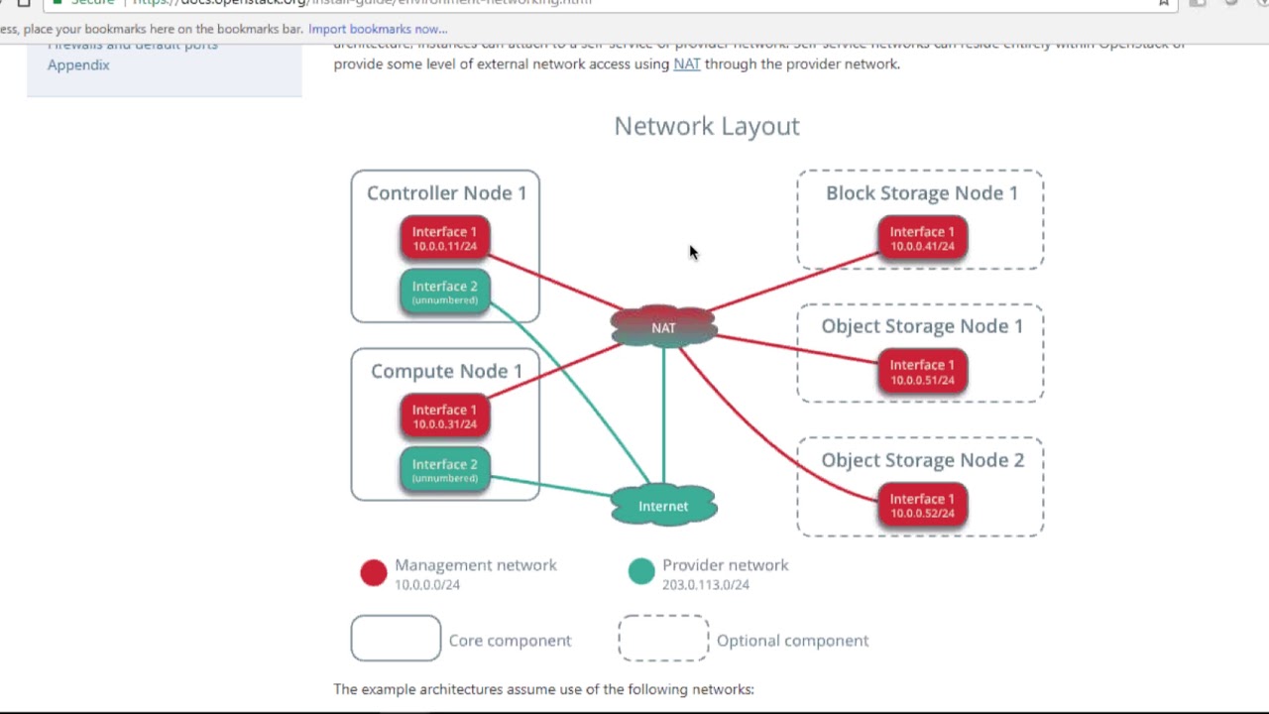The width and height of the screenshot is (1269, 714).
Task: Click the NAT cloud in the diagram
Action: (x=663, y=327)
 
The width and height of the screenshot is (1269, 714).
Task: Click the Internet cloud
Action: (x=663, y=506)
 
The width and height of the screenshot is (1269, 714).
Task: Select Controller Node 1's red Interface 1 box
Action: (x=444, y=238)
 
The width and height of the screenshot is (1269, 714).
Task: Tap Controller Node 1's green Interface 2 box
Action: (x=444, y=292)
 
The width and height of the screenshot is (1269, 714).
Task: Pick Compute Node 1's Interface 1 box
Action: (x=444, y=416)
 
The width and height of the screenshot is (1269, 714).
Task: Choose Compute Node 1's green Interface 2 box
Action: (x=444, y=470)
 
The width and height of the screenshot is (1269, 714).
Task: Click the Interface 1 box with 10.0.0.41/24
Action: (x=922, y=238)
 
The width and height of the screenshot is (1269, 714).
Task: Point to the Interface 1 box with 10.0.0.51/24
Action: (x=922, y=372)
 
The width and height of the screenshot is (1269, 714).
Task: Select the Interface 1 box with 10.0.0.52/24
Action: (x=922, y=506)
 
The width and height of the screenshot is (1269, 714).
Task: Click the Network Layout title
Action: (x=706, y=126)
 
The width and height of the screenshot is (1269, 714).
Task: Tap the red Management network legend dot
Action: (x=374, y=573)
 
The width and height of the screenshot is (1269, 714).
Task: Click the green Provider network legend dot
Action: (x=641, y=571)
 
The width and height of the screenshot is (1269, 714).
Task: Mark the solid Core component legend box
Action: (x=396, y=638)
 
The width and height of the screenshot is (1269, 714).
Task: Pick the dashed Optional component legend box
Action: (x=663, y=638)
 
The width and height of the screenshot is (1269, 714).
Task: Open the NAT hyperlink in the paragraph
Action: (x=686, y=63)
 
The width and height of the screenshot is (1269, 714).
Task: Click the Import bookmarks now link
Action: (x=378, y=29)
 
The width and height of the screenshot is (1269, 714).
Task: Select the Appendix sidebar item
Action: (x=78, y=64)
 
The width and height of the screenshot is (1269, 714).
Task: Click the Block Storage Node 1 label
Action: (x=921, y=192)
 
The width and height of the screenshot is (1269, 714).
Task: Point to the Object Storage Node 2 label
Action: (x=922, y=460)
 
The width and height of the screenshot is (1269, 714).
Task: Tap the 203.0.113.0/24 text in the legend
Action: (x=705, y=585)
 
